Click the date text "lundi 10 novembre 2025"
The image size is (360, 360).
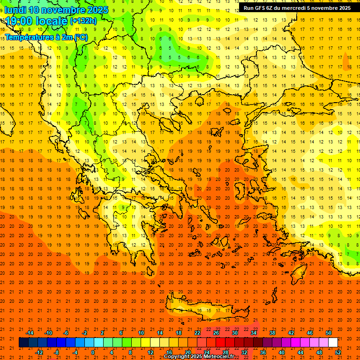[x=56, y=10]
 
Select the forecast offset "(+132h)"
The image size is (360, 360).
[x=83, y=21]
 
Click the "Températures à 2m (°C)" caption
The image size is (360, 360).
[x=46, y=37]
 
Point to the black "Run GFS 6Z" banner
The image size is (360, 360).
[x=297, y=8]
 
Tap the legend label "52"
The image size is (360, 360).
[x=338, y=352]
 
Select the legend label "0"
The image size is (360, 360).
[x=93, y=352]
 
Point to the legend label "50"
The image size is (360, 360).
[x=329, y=333]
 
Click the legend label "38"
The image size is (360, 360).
[x=272, y=333]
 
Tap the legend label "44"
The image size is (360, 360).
[x=300, y=352]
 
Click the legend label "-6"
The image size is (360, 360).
[x=66, y=333]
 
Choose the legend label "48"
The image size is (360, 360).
[x=319, y=352]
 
